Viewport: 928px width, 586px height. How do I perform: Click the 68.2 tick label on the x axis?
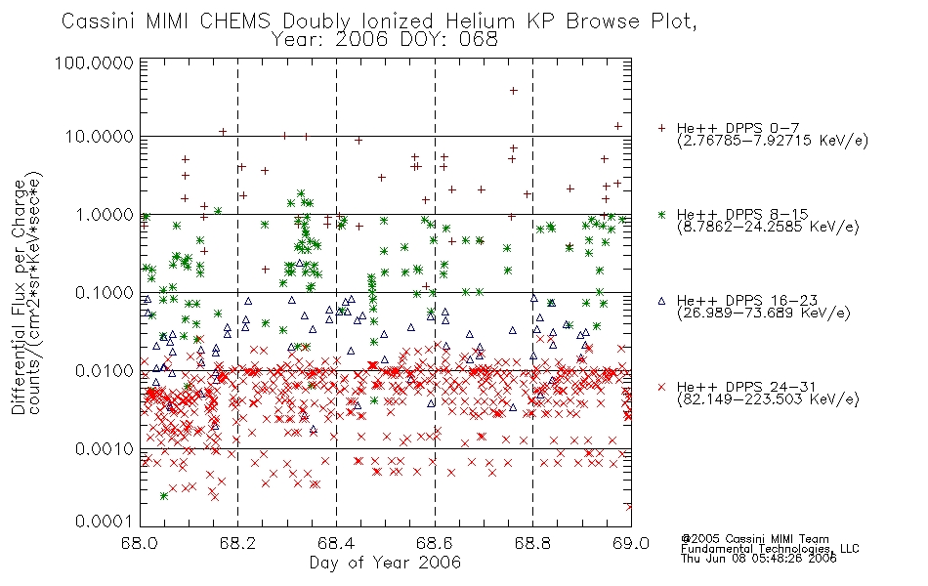point(237,543)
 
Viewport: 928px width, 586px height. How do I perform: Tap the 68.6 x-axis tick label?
point(435,543)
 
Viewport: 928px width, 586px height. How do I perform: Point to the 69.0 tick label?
point(631,543)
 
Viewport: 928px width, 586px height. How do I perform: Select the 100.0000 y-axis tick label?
point(94,63)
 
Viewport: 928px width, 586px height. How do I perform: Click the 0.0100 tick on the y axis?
point(105,371)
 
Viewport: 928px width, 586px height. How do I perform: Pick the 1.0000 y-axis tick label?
point(105,215)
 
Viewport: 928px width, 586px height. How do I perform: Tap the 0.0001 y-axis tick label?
point(105,522)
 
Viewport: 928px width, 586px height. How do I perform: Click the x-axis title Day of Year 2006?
point(385,563)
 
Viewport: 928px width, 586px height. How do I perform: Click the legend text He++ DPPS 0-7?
point(738,128)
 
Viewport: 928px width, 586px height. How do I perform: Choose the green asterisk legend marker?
point(661,214)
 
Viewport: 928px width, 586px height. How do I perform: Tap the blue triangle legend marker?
point(661,301)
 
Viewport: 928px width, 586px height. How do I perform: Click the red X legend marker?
point(661,387)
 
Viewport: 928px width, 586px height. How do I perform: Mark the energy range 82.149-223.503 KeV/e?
point(768,399)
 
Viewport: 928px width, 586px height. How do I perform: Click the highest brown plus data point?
point(514,91)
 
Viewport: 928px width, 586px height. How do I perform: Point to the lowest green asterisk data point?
point(164,496)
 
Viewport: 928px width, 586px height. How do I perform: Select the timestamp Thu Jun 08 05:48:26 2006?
point(759,559)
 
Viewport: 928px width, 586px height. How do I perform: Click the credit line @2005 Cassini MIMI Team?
point(755,539)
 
